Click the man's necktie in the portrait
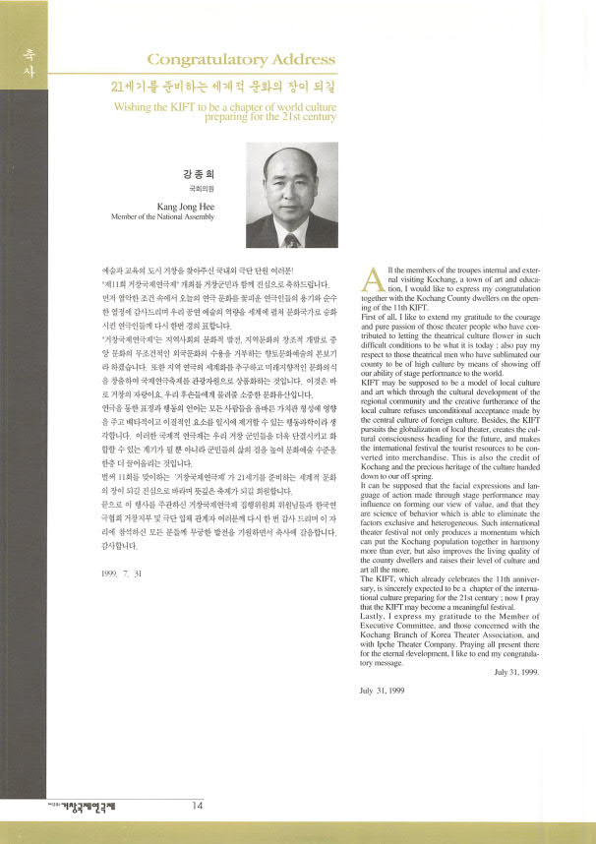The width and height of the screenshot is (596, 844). [292, 238]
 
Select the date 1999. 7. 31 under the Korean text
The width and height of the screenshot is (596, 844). [122, 571]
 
